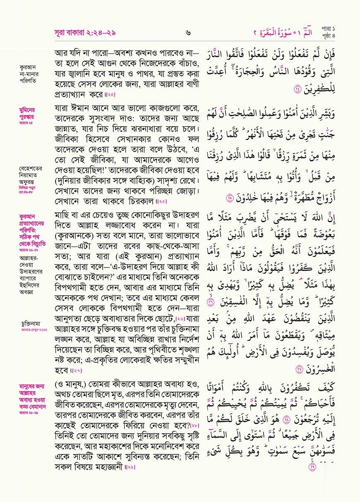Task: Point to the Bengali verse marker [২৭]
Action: point(77,370)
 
